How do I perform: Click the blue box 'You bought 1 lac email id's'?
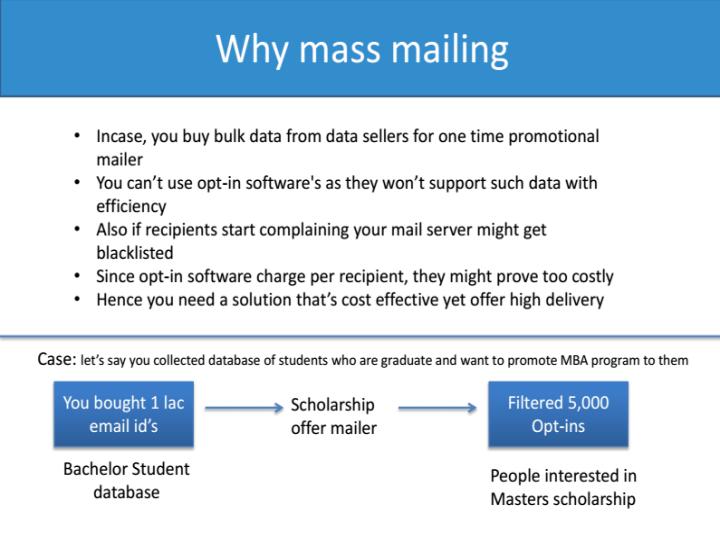coord(123,414)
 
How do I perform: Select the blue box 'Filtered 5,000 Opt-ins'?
coord(558,414)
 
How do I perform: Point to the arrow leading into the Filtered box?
coord(437,408)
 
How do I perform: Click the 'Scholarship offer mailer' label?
coord(333,417)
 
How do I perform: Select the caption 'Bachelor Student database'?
coord(126,480)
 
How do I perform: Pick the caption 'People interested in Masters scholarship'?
coord(563,487)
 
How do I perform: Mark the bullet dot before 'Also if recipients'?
coord(79,230)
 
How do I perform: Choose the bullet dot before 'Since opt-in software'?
coord(79,276)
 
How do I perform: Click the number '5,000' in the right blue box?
coord(586,403)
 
